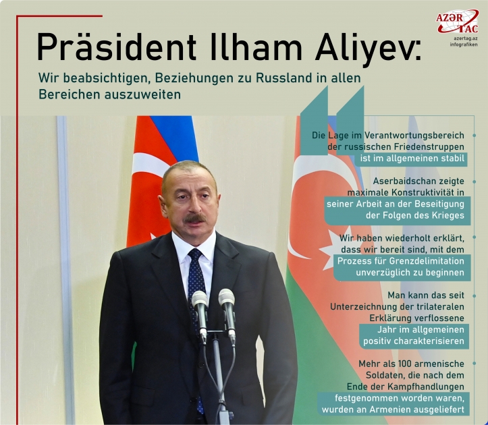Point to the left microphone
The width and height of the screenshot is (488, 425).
(200, 307)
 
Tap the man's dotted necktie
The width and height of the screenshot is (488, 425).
(196, 277)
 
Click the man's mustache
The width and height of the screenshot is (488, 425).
(195, 219)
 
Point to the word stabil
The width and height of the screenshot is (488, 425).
(453, 159)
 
